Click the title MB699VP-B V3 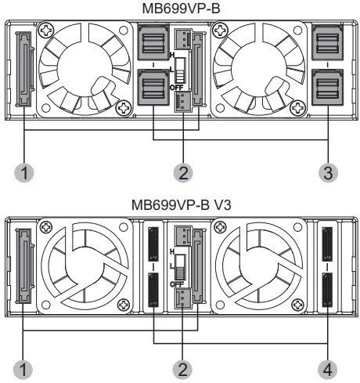[x=181, y=205]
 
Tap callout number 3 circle [x=328, y=172]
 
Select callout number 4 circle [x=327, y=370]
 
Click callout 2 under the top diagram [x=183, y=172]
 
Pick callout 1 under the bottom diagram [x=23, y=370]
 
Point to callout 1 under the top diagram [x=24, y=172]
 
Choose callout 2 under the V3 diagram [x=182, y=370]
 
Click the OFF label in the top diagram [x=177, y=88]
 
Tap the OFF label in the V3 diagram [x=177, y=284]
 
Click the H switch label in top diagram [x=172, y=55]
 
